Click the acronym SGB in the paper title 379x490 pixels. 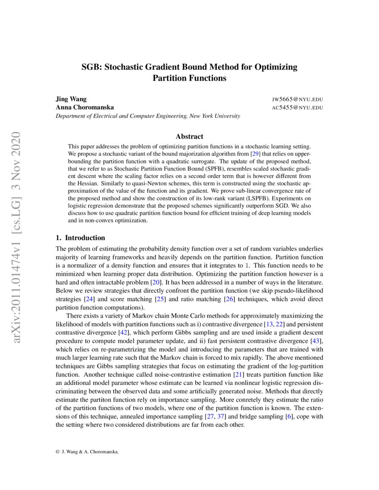pyautogui.click(x=91, y=68)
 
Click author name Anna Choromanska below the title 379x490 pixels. pyautogui.click(x=84, y=107)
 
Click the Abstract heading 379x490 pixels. pyautogui.click(x=189, y=136)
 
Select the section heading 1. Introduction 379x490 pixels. pyautogui.click(x=80, y=237)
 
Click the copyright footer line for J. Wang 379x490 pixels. pyautogui.click(x=87, y=452)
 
